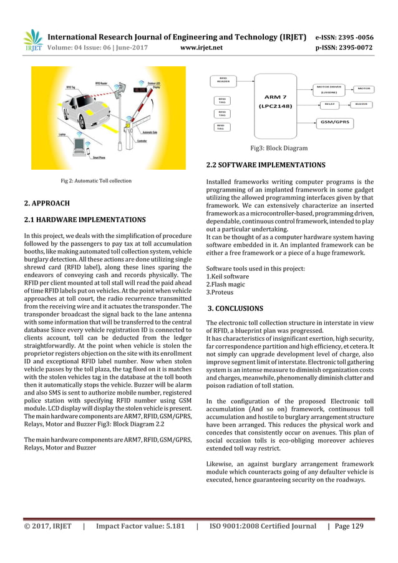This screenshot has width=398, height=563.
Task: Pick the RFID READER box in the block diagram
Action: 223,80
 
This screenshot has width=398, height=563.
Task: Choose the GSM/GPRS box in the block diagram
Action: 335,122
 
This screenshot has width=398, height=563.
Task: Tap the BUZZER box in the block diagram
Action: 361,104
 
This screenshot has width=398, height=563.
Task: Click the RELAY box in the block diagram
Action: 329,104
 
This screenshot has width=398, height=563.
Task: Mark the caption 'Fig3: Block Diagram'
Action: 279,149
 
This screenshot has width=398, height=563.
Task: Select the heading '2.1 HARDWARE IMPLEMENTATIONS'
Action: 84,220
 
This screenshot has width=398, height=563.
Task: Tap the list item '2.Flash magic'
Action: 225,284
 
